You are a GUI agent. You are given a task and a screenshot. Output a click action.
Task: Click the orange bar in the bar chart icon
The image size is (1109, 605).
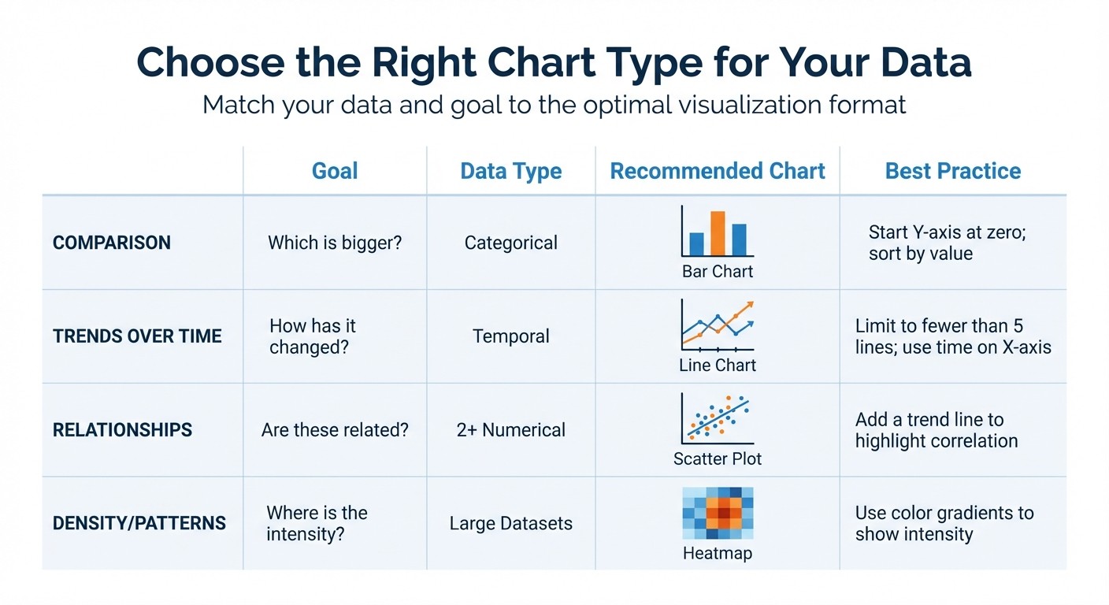point(718,232)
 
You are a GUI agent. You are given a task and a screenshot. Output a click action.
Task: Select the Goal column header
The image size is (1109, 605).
point(335,171)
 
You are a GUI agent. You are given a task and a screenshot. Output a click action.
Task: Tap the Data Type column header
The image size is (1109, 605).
point(511,171)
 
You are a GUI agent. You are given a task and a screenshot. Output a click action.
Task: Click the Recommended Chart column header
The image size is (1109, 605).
point(718,171)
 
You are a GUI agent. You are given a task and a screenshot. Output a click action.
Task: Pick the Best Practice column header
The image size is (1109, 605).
point(953,171)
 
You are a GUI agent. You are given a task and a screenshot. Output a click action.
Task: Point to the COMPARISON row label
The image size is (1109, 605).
point(111,243)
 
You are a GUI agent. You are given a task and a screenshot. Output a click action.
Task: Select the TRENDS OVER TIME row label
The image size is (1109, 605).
point(137,336)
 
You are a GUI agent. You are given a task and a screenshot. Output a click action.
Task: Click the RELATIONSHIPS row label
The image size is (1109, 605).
point(122,430)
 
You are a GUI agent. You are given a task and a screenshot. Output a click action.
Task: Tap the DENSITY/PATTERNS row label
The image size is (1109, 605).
point(139,523)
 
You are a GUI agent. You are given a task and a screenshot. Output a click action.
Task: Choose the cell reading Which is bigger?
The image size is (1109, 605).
point(335,243)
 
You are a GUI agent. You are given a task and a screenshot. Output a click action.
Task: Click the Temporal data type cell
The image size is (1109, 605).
point(511,336)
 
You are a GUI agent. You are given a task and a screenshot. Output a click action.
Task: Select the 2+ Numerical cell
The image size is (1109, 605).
point(511,430)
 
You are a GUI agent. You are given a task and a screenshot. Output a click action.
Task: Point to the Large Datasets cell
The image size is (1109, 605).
point(511,523)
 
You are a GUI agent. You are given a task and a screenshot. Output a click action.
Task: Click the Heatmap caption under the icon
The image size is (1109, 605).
point(718,553)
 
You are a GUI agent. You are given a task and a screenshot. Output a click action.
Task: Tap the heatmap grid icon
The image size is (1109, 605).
point(718,513)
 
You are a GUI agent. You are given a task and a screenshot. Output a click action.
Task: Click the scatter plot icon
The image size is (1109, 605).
point(718,419)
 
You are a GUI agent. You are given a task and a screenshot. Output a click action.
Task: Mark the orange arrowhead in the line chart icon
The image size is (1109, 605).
point(750,305)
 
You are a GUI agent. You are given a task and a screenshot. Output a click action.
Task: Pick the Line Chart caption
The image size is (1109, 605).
point(718,366)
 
